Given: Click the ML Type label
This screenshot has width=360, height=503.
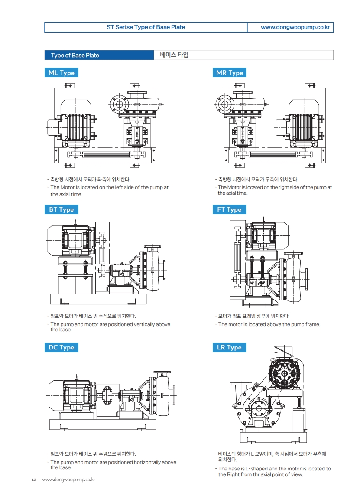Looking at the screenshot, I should pyautogui.click(x=61, y=73).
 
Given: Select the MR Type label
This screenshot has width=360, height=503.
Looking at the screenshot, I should pyautogui.click(x=230, y=73).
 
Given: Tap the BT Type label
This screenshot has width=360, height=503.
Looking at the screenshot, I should pyautogui.click(x=61, y=209).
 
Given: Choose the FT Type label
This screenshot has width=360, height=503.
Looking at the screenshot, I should pyautogui.click(x=230, y=209).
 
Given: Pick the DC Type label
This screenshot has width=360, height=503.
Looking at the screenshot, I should pyautogui.click(x=61, y=347).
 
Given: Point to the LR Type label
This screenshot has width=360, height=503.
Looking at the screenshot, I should pyautogui.click(x=230, y=347).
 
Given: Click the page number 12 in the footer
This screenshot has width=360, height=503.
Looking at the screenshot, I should pyautogui.click(x=34, y=480).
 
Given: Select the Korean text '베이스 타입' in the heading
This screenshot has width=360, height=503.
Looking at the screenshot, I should pyautogui.click(x=174, y=55).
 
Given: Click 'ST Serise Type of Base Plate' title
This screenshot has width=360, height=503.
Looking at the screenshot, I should pyautogui.click(x=146, y=27).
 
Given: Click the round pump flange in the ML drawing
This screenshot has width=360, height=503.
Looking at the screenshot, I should pyautogui.click(x=118, y=104).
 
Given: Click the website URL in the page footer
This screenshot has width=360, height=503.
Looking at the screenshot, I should pyautogui.click(x=69, y=480).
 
